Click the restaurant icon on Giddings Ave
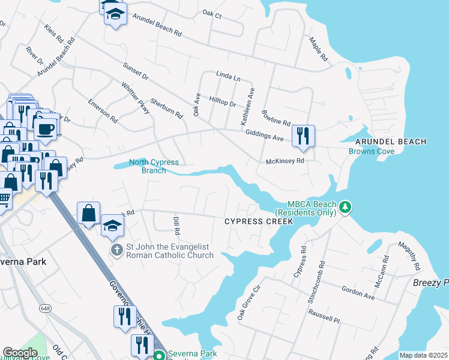coord(303,135)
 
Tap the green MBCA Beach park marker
coord(345,208)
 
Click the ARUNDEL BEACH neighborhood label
coord(390,142)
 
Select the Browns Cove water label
coord(372,151)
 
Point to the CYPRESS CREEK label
coord(258,221)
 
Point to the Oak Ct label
coord(212,13)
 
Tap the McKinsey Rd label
coord(285,161)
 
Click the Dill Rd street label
coord(176,226)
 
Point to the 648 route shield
coord(46,308)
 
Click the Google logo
coord(20,353)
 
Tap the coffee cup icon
coord(45,128)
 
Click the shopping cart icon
coord(4,198)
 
